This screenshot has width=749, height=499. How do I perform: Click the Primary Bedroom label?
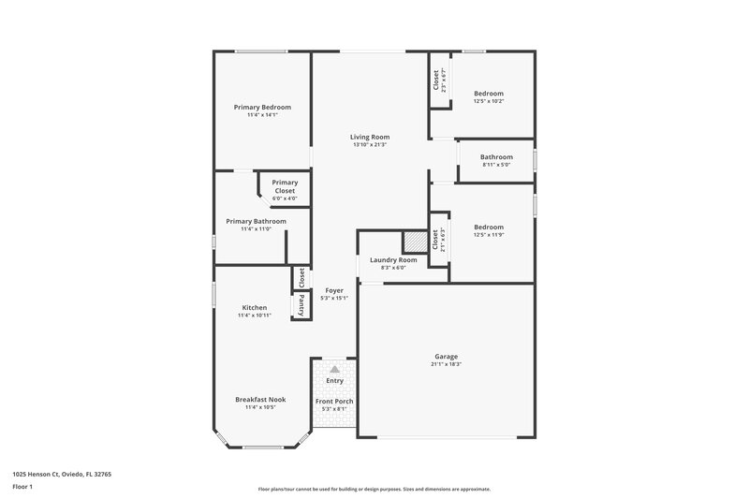(x=262, y=107)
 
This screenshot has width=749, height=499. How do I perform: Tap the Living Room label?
(x=370, y=137)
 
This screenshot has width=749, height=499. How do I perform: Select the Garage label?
(x=447, y=356)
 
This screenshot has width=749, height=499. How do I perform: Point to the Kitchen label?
(x=255, y=307)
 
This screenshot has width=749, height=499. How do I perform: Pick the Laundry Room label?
(x=393, y=259)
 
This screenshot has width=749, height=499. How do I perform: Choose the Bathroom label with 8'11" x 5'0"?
(x=496, y=156)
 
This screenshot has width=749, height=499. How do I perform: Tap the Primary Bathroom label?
(x=256, y=221)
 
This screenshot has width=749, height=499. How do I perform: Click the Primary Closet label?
(x=285, y=186)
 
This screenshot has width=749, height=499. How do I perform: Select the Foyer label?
(x=334, y=290)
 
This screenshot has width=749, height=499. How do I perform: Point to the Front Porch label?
(x=334, y=401)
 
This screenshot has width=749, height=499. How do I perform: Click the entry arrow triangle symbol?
(x=334, y=370)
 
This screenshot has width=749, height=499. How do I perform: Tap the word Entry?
(x=334, y=381)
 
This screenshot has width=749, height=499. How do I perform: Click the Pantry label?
(x=301, y=305)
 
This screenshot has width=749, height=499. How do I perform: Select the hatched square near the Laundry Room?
(x=413, y=241)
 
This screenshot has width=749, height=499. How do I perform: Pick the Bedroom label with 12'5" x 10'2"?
(x=489, y=93)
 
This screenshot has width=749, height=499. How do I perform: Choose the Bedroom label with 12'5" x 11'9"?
(x=489, y=227)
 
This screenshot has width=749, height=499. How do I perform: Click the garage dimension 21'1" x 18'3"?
(x=447, y=364)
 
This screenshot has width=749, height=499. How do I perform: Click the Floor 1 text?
(x=22, y=488)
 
